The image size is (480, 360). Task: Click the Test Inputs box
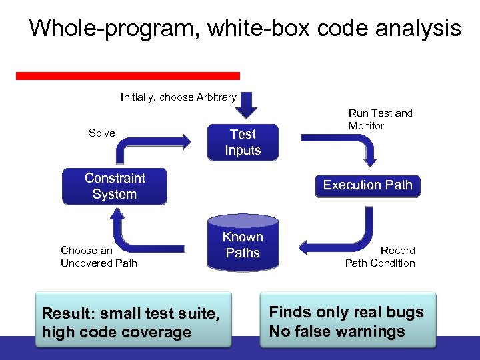(243, 142)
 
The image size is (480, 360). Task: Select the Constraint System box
(114, 186)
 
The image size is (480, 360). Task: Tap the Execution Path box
(367, 185)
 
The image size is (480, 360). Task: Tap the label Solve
(101, 133)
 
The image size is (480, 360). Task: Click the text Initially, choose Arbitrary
(178, 97)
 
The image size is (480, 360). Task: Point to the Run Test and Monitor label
(380, 119)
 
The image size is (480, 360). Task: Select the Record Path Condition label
(380, 257)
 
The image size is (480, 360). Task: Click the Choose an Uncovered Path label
(99, 257)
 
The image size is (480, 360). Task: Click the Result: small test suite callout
(131, 322)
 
